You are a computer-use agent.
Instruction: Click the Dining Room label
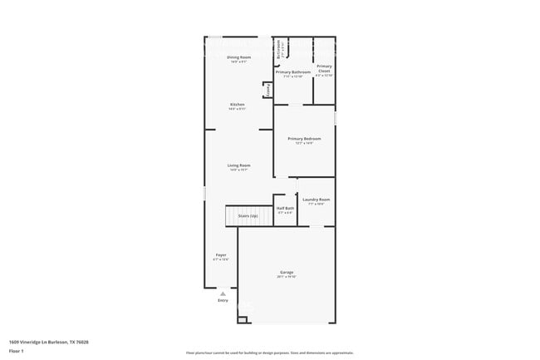[238, 57]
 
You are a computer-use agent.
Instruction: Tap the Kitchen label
[238, 104]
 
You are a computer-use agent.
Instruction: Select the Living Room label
[239, 165]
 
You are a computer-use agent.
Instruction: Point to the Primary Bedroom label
[304, 138]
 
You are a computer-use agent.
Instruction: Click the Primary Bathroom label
[293, 72]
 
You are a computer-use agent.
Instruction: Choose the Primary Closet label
[324, 68]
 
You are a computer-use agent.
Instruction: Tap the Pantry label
[268, 90]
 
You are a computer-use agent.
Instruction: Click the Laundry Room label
[317, 200]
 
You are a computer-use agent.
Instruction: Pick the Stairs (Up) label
[248, 215]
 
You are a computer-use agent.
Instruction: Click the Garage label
[286, 273]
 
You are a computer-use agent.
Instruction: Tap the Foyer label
[221, 254]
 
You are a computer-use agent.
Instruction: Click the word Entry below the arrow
[223, 300]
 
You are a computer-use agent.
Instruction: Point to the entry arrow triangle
[223, 293]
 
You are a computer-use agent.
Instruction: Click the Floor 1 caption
[15, 351]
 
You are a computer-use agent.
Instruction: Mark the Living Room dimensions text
[239, 170]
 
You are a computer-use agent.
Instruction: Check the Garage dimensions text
[286, 277]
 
